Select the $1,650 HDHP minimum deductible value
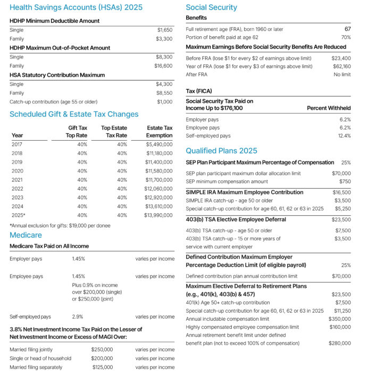pos(164,30)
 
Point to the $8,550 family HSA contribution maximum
pos(164,93)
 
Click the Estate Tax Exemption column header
pos(160,132)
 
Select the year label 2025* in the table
pos(18,215)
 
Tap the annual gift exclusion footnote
pos(60,225)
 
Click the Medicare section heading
pos(26,235)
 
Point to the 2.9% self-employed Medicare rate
pos(78,317)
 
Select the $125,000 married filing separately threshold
pos(102,367)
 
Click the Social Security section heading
pos(211,7)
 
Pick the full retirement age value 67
pos(347,29)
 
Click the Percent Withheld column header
pos(329,108)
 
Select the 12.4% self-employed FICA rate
pos(344,136)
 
